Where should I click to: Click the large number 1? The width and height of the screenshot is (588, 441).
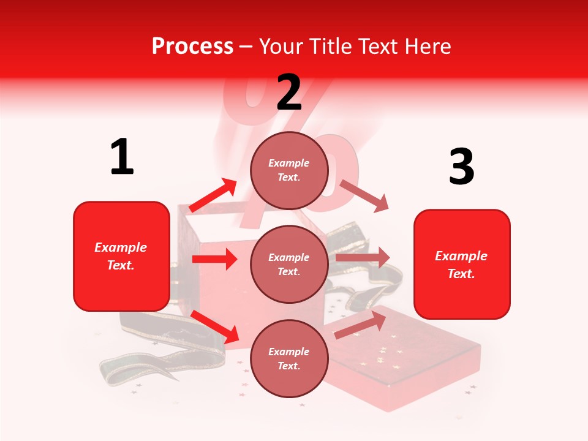122,157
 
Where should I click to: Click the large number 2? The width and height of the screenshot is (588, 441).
289,92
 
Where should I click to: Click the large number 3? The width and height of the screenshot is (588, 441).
461,167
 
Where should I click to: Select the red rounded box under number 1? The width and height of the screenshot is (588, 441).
121,256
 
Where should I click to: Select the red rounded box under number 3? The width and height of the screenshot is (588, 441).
462,264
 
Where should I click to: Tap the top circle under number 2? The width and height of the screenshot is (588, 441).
289,170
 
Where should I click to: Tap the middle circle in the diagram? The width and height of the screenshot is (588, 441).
289,264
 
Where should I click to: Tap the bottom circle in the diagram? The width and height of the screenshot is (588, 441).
289,358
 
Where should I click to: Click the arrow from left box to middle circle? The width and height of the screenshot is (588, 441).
214,259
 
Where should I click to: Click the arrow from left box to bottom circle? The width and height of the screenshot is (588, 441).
215,326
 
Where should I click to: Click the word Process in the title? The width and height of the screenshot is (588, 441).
192,46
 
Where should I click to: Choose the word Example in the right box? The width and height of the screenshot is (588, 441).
461,256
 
